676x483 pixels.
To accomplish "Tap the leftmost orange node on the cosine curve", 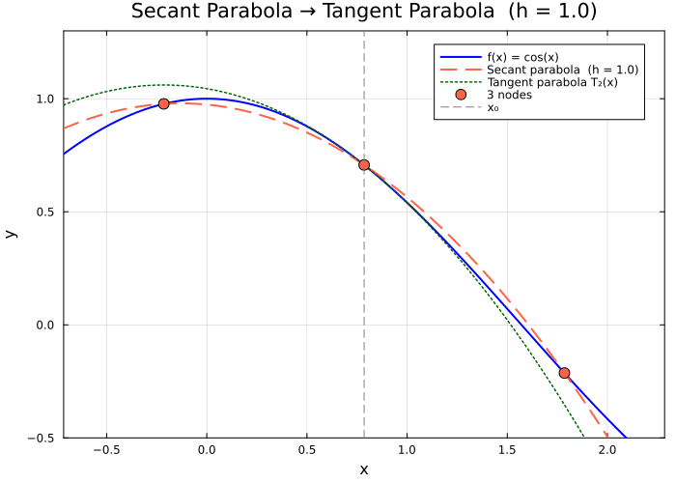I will tap(163, 103).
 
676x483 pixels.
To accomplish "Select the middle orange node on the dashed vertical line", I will tap(364, 165).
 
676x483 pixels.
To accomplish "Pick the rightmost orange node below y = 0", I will tap(564, 373).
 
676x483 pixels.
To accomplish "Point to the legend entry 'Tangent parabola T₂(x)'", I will tap(551, 82).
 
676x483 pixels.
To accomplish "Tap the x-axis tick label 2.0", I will tap(607, 449).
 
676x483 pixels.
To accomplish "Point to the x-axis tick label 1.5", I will tap(507, 449).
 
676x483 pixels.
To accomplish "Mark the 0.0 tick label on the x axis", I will tap(206, 449).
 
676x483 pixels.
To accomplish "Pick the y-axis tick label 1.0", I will tap(43, 99).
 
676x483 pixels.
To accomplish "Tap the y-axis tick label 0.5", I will tap(43, 212).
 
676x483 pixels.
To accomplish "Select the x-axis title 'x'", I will tap(364, 469).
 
